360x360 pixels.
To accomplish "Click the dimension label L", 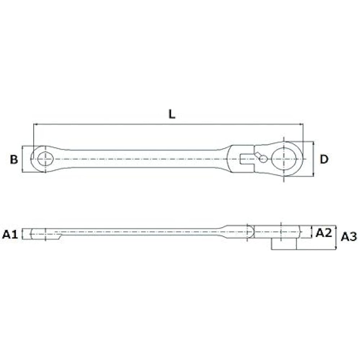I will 172,114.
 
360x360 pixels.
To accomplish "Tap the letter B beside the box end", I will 14,159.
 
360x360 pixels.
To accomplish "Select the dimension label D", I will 324,159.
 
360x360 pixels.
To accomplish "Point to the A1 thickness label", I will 10,235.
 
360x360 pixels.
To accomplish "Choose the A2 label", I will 323,233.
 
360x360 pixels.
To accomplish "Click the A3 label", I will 348,237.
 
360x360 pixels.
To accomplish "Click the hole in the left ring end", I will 45,158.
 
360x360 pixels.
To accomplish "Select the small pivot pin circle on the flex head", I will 264,159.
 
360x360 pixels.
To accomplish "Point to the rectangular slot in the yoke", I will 247,159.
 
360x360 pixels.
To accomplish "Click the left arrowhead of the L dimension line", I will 35,125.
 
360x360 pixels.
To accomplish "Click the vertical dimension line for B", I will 22,159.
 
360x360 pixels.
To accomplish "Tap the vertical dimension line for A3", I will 336,238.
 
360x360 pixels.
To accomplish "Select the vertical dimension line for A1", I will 22,234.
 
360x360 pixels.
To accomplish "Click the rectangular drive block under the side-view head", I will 284,244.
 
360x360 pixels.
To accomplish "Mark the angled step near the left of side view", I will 58,236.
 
